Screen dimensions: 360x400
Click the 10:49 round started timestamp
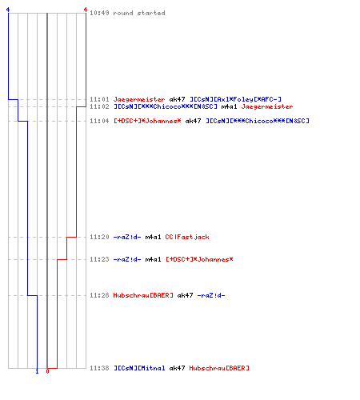[x=99, y=13]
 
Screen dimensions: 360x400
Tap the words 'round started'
[x=139, y=13]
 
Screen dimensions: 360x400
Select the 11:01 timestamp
[x=99, y=99]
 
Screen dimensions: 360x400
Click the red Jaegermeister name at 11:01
[x=139, y=99]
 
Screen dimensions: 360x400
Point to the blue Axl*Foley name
[x=235, y=99]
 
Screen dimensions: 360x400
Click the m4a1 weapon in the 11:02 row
[x=229, y=106]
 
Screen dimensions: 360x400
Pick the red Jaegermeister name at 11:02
[x=267, y=106]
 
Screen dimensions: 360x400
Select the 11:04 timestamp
[x=99, y=121]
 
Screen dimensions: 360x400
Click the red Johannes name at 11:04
[x=147, y=121]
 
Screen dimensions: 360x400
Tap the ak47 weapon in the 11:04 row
[x=193, y=121]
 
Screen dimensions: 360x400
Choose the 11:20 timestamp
[x=99, y=237]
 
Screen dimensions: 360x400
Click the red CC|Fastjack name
[x=187, y=237]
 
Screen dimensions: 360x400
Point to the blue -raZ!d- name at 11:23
[x=127, y=259]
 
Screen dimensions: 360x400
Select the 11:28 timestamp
[x=99, y=295]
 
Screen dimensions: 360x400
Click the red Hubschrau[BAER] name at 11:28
[x=143, y=295]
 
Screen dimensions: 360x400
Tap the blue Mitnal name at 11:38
[x=139, y=368]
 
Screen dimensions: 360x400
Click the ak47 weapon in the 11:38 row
[x=177, y=368]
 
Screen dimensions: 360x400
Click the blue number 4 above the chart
[x=8, y=10]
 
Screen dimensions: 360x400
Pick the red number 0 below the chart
[x=47, y=371]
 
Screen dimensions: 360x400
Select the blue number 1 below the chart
[x=37, y=371]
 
